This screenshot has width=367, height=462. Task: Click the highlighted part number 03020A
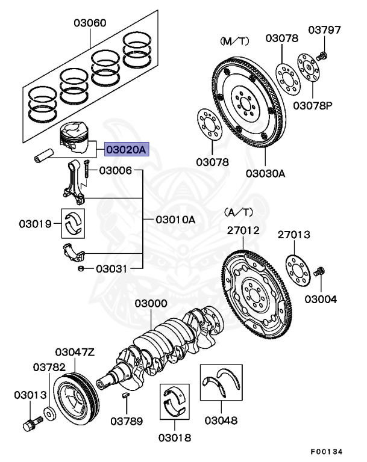(x=125, y=149)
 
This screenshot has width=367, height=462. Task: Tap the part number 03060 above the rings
(x=90, y=23)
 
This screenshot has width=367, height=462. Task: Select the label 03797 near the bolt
(x=325, y=29)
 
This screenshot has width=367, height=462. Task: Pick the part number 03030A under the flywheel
(x=265, y=173)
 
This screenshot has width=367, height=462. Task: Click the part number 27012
(x=243, y=230)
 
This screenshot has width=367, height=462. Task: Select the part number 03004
(x=321, y=299)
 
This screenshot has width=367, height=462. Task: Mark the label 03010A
(x=175, y=220)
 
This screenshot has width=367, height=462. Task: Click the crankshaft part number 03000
(x=151, y=304)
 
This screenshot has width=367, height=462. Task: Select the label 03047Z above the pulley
(x=75, y=352)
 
